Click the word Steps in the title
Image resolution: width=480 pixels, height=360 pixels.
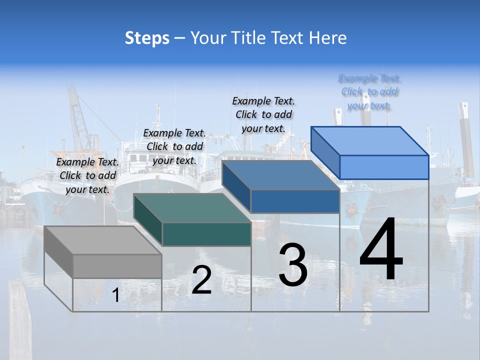pyautogui.click(x=147, y=38)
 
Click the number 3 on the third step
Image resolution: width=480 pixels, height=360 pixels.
pyautogui.click(x=293, y=265)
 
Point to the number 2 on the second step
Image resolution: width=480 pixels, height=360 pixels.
pyautogui.click(x=201, y=280)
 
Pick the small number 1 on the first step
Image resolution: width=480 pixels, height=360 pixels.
pyautogui.click(x=116, y=295)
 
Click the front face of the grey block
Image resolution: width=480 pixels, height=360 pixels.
pyautogui.click(x=117, y=266)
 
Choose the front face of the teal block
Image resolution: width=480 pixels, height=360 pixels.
pyautogui.click(x=206, y=234)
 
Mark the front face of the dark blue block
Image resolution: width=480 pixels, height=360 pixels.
pyautogui.click(x=295, y=201)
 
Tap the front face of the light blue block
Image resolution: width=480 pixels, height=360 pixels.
pyautogui.click(x=384, y=167)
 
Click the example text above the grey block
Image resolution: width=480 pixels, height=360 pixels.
pyautogui.click(x=88, y=175)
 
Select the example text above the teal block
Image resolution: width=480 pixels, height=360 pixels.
pyautogui.click(x=174, y=146)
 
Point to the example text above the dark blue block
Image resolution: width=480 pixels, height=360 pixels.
pyautogui.click(x=263, y=114)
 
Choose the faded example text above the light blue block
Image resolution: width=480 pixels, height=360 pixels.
pyautogui.click(x=369, y=92)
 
